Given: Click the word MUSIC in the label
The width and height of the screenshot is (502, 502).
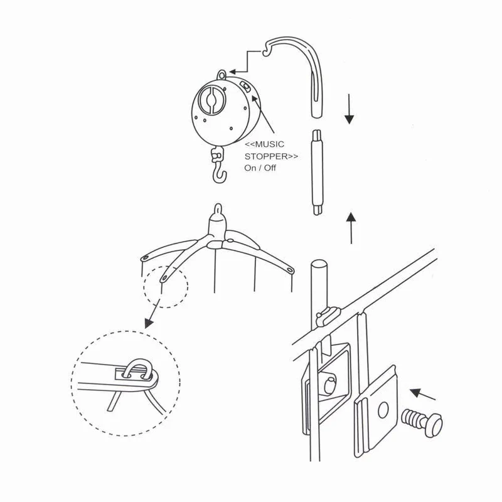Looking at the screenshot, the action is [x=269, y=144].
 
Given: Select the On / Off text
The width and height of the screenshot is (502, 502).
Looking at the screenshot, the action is [x=260, y=168].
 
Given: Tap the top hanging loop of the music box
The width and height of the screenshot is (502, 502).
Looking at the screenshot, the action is [x=222, y=75].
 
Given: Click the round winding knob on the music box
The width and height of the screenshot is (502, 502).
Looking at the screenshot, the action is [x=211, y=100].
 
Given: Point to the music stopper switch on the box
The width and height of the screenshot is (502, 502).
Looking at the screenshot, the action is [x=246, y=87].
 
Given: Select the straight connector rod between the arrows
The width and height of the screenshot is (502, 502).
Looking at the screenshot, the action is [x=317, y=172].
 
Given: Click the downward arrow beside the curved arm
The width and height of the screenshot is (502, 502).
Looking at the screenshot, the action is [x=349, y=109].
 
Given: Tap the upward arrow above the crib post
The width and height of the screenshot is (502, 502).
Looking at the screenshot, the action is [x=351, y=228].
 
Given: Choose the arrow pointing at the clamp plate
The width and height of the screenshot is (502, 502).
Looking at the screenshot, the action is [x=422, y=395].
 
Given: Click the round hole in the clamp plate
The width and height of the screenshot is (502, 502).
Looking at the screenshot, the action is [x=383, y=410].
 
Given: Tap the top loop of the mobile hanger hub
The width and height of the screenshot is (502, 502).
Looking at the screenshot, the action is [x=218, y=209].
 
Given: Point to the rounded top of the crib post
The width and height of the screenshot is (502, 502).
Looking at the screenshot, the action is [x=319, y=265].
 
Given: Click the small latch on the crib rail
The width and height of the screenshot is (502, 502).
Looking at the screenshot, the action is [x=327, y=315].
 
